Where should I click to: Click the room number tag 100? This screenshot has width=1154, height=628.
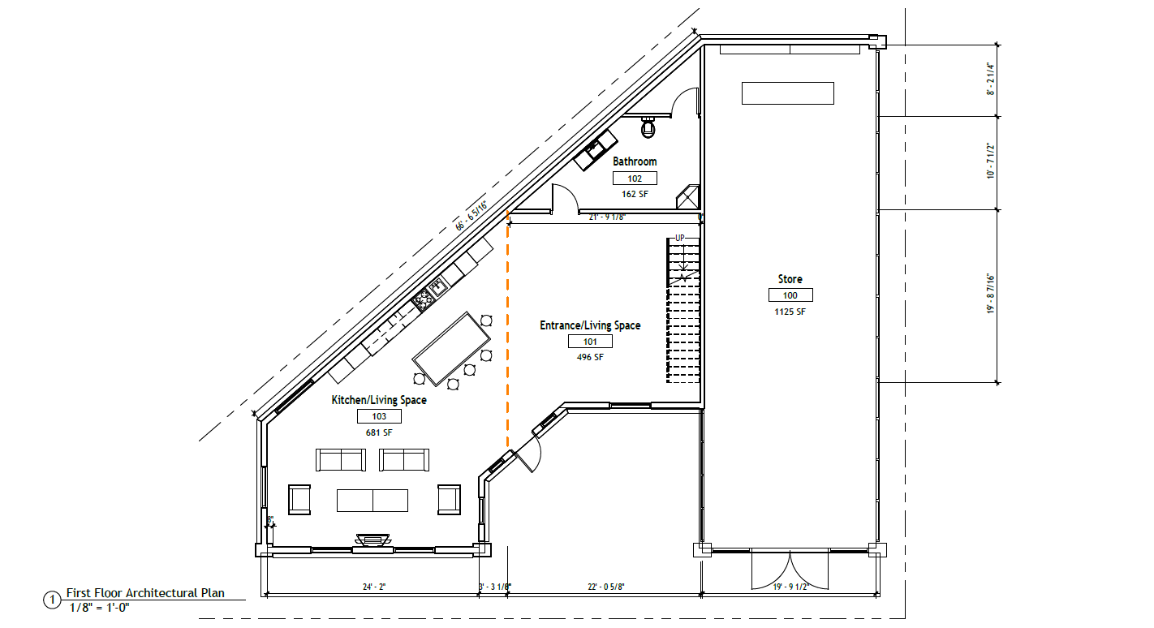click(x=790, y=295)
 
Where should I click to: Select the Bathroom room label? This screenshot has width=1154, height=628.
click(x=635, y=161)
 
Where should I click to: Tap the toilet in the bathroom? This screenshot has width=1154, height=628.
click(x=648, y=127)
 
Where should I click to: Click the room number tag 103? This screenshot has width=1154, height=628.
click(x=379, y=416)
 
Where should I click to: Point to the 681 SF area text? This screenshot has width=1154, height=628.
click(x=379, y=432)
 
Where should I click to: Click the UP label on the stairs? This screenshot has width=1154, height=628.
click(x=680, y=238)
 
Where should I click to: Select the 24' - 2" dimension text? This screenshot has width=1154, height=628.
click(x=374, y=587)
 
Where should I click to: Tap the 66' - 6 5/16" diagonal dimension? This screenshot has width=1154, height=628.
click(x=472, y=217)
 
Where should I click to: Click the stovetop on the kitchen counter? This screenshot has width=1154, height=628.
click(x=423, y=300)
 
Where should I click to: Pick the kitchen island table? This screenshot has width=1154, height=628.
click(x=451, y=349)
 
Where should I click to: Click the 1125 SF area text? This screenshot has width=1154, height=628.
click(x=790, y=312)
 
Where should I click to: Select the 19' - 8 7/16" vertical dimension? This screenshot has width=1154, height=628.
click(x=991, y=294)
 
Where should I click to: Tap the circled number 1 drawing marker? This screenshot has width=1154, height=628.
click(x=52, y=600)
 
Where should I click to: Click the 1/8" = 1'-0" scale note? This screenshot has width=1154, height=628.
click(x=100, y=608)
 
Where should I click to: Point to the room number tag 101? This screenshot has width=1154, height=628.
click(x=591, y=342)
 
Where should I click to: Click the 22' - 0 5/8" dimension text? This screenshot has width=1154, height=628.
click(x=606, y=587)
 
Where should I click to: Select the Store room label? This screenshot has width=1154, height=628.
click(x=790, y=279)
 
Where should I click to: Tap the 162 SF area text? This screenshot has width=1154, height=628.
click(x=635, y=194)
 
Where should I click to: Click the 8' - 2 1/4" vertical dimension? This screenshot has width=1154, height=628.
click(x=991, y=79)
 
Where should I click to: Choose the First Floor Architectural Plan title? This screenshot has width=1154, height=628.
click(x=145, y=593)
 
